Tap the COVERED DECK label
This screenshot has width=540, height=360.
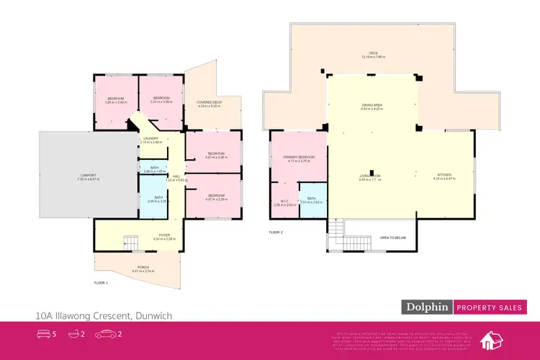coord(209,102)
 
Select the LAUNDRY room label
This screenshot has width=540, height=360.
coord(151,138)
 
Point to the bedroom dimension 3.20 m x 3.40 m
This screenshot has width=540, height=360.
coord(116,102)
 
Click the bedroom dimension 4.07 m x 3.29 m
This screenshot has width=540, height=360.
coord(217,199)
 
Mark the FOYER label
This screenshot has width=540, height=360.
coord(165,235)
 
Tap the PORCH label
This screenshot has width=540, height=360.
coord(144,266)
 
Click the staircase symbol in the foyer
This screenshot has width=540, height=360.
coord(131,243)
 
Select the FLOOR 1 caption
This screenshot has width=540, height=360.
coord(102,283)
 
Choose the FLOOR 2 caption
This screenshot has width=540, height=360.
coord(276,233)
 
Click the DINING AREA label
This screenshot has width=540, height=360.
coord(372,105)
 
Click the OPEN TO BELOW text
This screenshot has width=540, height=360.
coord(394,237)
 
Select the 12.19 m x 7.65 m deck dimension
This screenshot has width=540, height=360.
coord(373,57)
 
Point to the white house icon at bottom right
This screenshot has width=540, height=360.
coord(493,341)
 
